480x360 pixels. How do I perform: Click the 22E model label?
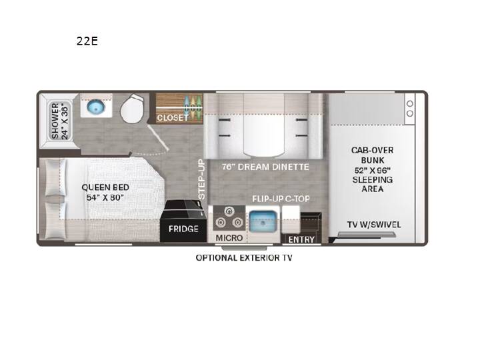tap(87, 41)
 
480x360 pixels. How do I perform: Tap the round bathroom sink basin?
tap(96, 107)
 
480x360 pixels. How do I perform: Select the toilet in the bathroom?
tap(132, 109)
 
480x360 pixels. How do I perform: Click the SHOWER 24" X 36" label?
tap(60, 121)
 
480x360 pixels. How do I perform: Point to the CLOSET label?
tap(173, 117)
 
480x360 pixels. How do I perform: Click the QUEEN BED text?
tap(105, 187)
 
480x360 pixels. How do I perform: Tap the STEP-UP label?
tap(201, 179)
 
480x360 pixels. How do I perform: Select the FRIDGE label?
tap(183, 229)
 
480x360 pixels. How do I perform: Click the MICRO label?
tap(229, 238)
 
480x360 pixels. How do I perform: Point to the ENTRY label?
tap(301, 239)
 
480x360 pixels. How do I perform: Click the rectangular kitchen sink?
tap(263, 221)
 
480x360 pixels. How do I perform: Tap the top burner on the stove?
tap(229, 211)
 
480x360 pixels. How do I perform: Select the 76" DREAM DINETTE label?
tap(265, 167)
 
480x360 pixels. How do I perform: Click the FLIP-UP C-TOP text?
tap(281, 199)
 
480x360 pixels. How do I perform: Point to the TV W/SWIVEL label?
tap(374, 225)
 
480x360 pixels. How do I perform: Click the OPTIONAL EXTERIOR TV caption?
tap(244, 258)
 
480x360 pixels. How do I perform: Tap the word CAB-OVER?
tap(372, 150)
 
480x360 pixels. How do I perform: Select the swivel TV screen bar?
tap(366, 235)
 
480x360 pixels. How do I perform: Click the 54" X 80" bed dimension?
tap(105, 197)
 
